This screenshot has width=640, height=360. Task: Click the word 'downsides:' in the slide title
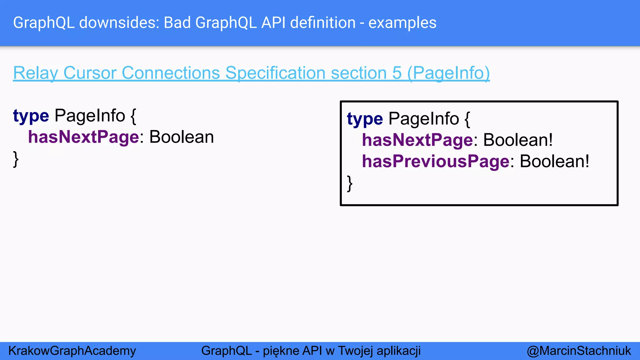click(x=119, y=23)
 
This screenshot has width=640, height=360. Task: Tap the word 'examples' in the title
click(x=402, y=23)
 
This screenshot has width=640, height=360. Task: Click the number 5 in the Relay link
click(x=397, y=73)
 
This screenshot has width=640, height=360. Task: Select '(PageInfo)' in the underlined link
click(x=449, y=73)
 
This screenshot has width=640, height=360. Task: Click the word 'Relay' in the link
click(x=36, y=73)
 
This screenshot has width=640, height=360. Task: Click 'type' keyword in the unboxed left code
click(x=31, y=116)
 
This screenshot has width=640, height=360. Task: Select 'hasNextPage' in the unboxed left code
click(x=83, y=137)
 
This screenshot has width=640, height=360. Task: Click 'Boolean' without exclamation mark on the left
click(x=182, y=137)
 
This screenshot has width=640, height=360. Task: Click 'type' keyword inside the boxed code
click(x=365, y=119)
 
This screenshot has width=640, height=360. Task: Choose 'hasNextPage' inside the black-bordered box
click(x=417, y=140)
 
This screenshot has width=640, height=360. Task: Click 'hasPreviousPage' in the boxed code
click(x=436, y=161)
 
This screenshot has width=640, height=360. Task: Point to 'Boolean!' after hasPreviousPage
click(x=554, y=161)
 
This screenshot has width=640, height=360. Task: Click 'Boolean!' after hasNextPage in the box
click(x=518, y=140)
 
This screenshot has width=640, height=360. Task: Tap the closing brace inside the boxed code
click(x=350, y=183)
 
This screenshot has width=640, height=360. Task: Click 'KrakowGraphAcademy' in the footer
click(x=72, y=351)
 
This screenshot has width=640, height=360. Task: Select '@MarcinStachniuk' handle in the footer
click(x=579, y=351)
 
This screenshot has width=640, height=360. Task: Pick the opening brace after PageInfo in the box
click(x=467, y=119)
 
